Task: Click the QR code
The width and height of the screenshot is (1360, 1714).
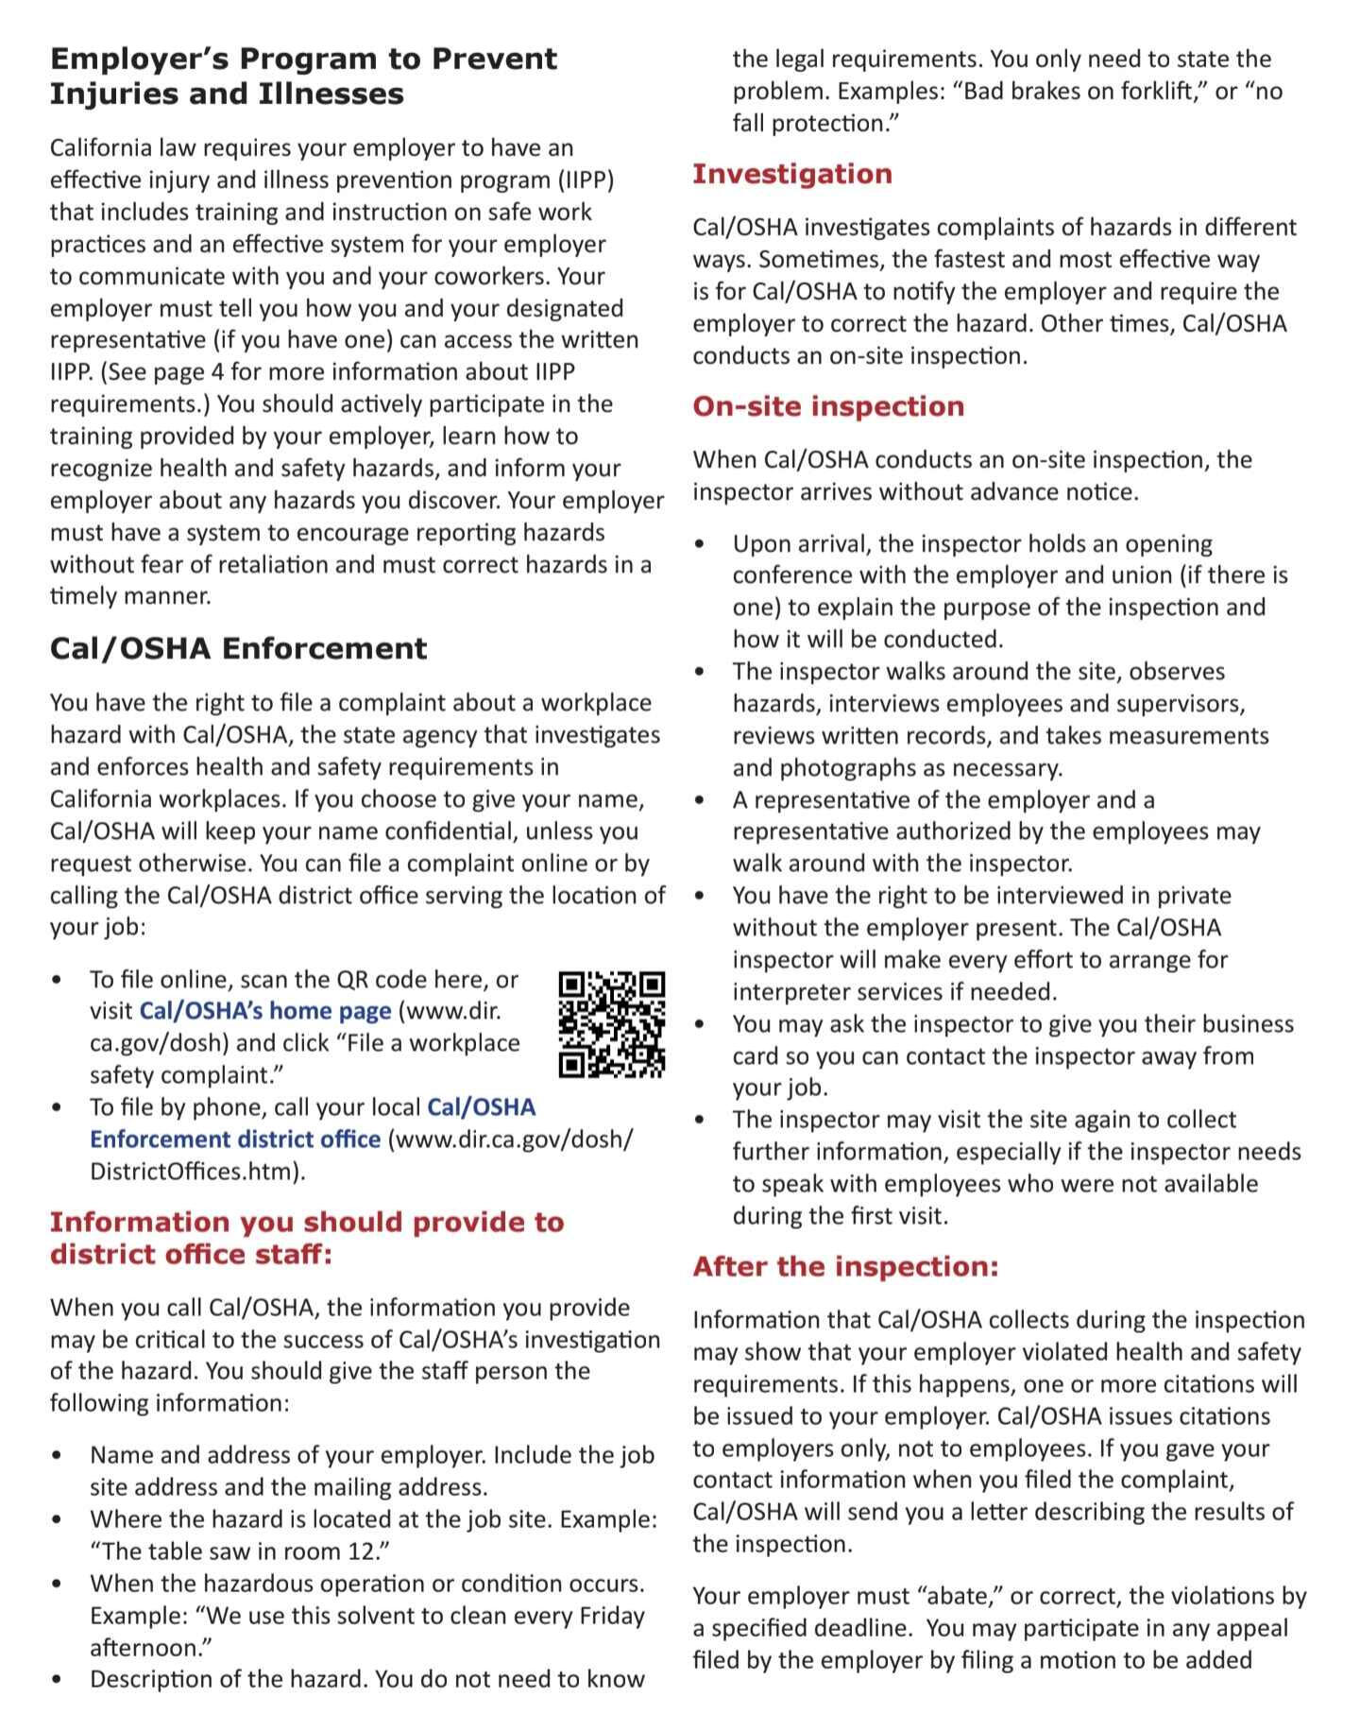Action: pos(612,1024)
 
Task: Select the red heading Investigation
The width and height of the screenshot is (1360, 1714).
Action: pos(791,174)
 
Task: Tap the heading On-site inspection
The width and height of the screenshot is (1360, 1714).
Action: pos(828,406)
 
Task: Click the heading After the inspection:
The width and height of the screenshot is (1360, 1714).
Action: pos(845,1266)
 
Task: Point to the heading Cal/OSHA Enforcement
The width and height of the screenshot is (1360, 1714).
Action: pos(238,648)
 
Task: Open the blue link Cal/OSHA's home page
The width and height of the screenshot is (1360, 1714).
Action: pos(264,1011)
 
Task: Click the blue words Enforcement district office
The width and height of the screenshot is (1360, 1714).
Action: pos(234,1140)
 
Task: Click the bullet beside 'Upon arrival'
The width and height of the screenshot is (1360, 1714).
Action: pos(699,545)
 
